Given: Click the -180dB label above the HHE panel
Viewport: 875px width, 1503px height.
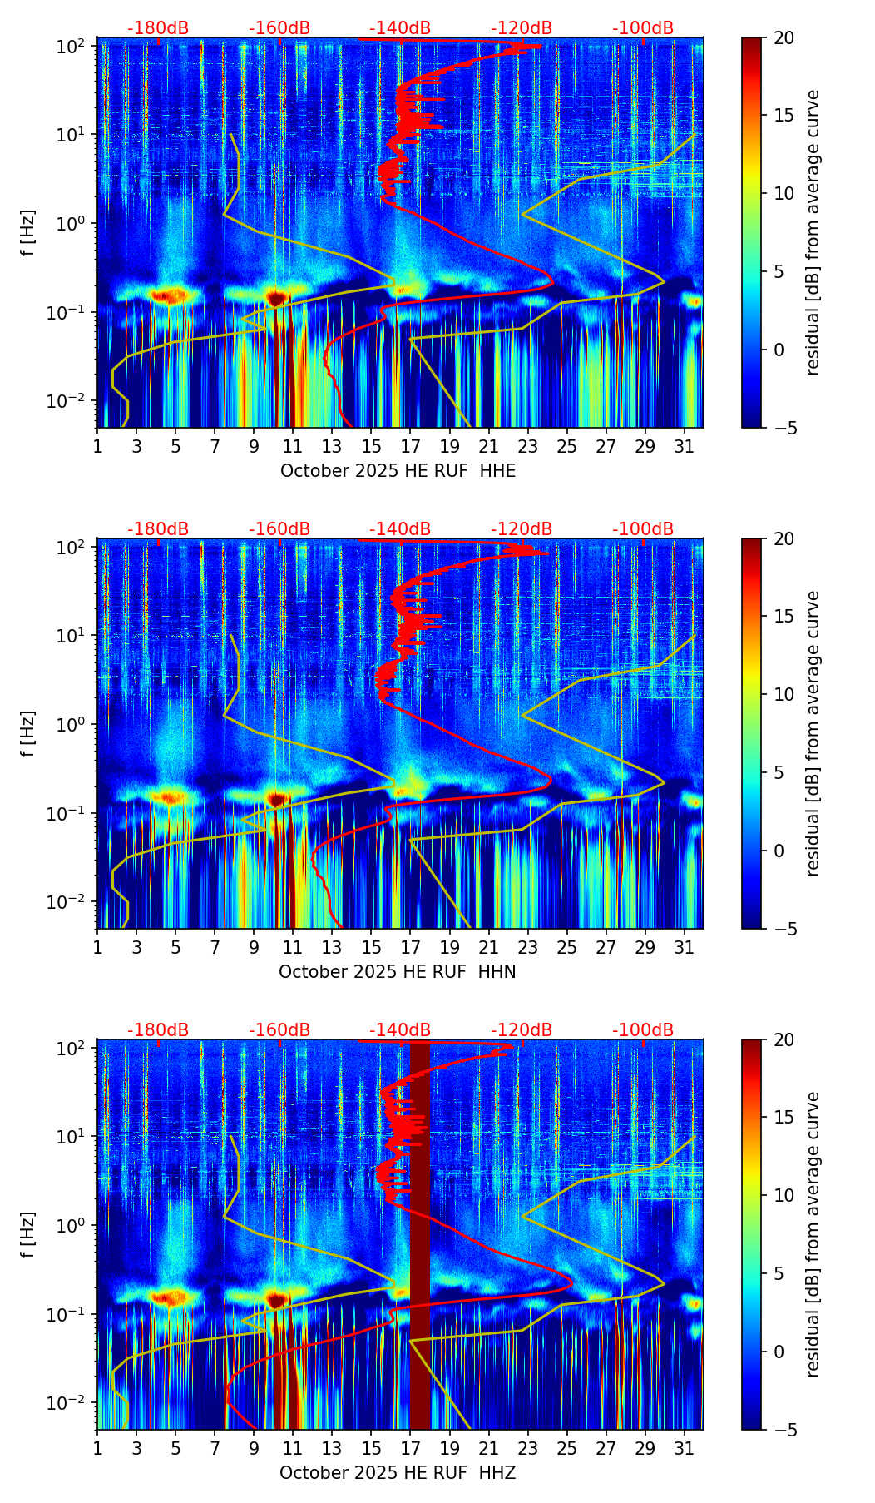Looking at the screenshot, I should pyautogui.click(x=158, y=28).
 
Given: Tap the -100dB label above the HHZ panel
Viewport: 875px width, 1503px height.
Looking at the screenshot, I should pyautogui.click(x=643, y=1030).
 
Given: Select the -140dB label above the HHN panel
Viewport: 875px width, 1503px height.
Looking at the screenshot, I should pyautogui.click(x=400, y=529).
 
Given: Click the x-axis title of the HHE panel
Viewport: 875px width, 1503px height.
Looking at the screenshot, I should pyautogui.click(x=398, y=471).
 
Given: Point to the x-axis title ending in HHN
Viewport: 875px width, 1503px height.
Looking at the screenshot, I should pyautogui.click(x=398, y=972).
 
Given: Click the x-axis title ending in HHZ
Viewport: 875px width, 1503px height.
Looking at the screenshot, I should pyautogui.click(x=398, y=1473).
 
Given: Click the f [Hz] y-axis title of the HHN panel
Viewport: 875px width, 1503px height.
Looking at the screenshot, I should pyautogui.click(x=28, y=733).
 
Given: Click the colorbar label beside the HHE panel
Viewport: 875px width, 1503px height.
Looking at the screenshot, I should pyautogui.click(x=813, y=232).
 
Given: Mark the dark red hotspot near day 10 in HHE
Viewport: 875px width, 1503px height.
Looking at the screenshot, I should pyautogui.click(x=277, y=297).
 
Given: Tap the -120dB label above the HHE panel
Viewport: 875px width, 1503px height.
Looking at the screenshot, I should pyautogui.click(x=522, y=28).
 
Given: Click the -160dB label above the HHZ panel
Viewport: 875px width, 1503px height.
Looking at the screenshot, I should pyautogui.click(x=279, y=1030).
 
